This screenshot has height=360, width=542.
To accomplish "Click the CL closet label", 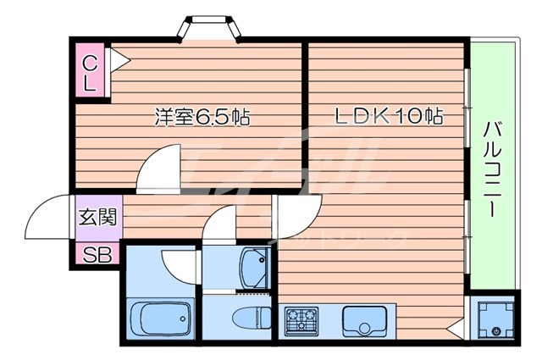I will [x=90, y=72].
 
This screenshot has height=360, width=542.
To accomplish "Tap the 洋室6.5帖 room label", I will [x=201, y=118].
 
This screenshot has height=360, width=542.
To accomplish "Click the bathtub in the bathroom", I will [x=160, y=320].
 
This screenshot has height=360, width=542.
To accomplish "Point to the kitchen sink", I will [x=363, y=321].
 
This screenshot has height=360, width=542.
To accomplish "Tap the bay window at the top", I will [x=210, y=28].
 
